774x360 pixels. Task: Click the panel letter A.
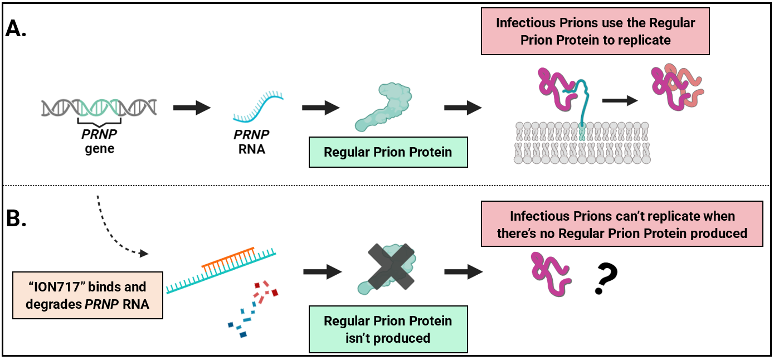16,29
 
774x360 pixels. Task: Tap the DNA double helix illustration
98,106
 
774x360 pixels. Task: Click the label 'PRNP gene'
99,142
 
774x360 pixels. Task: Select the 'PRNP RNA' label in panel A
251,142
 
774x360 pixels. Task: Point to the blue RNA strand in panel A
257,106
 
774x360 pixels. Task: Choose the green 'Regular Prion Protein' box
388,152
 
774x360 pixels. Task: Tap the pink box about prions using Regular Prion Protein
595,32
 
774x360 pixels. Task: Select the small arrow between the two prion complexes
620,100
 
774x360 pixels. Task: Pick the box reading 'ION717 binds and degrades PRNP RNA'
87,295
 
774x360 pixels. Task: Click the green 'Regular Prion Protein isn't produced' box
388,329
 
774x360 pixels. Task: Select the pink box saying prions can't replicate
622,225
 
